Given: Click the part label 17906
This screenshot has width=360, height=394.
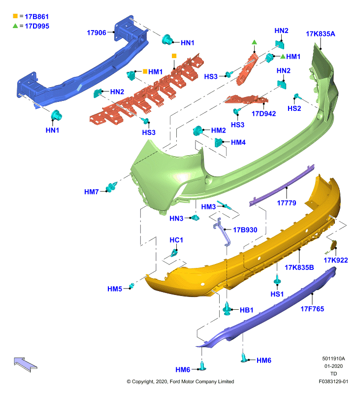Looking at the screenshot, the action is [x=97, y=33].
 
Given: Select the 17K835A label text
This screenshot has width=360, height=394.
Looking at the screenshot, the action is [x=320, y=34].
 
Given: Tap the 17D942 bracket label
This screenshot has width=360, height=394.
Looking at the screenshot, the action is [x=263, y=114].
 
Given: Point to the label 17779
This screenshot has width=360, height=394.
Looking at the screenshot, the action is [x=287, y=203].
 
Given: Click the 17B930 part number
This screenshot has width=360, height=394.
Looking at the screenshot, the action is [x=245, y=230].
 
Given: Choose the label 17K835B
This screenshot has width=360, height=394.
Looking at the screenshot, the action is [x=299, y=267].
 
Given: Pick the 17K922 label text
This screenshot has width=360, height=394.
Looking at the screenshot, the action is [x=336, y=261].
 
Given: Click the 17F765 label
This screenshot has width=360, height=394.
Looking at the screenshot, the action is [x=312, y=309].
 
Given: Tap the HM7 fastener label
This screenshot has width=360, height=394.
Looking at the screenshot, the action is [x=92, y=192].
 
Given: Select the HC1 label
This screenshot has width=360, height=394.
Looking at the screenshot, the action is [x=176, y=240].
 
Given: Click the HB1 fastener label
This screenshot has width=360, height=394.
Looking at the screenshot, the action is [x=246, y=310].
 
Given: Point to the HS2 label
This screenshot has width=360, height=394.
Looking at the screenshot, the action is [x=294, y=108].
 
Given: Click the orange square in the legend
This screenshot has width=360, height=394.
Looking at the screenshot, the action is [x=15, y=16].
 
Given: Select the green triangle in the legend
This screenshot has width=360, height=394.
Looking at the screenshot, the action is [x=15, y=26].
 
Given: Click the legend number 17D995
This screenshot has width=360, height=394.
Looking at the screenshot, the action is [x=37, y=26].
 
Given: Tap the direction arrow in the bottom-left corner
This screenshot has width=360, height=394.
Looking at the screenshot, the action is [x=26, y=364].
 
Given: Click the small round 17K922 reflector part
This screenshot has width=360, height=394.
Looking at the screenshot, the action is [x=333, y=245].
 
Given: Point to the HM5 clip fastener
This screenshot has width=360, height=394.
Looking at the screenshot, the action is [x=131, y=286].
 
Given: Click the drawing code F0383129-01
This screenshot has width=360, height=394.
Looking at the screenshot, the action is [x=333, y=381].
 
